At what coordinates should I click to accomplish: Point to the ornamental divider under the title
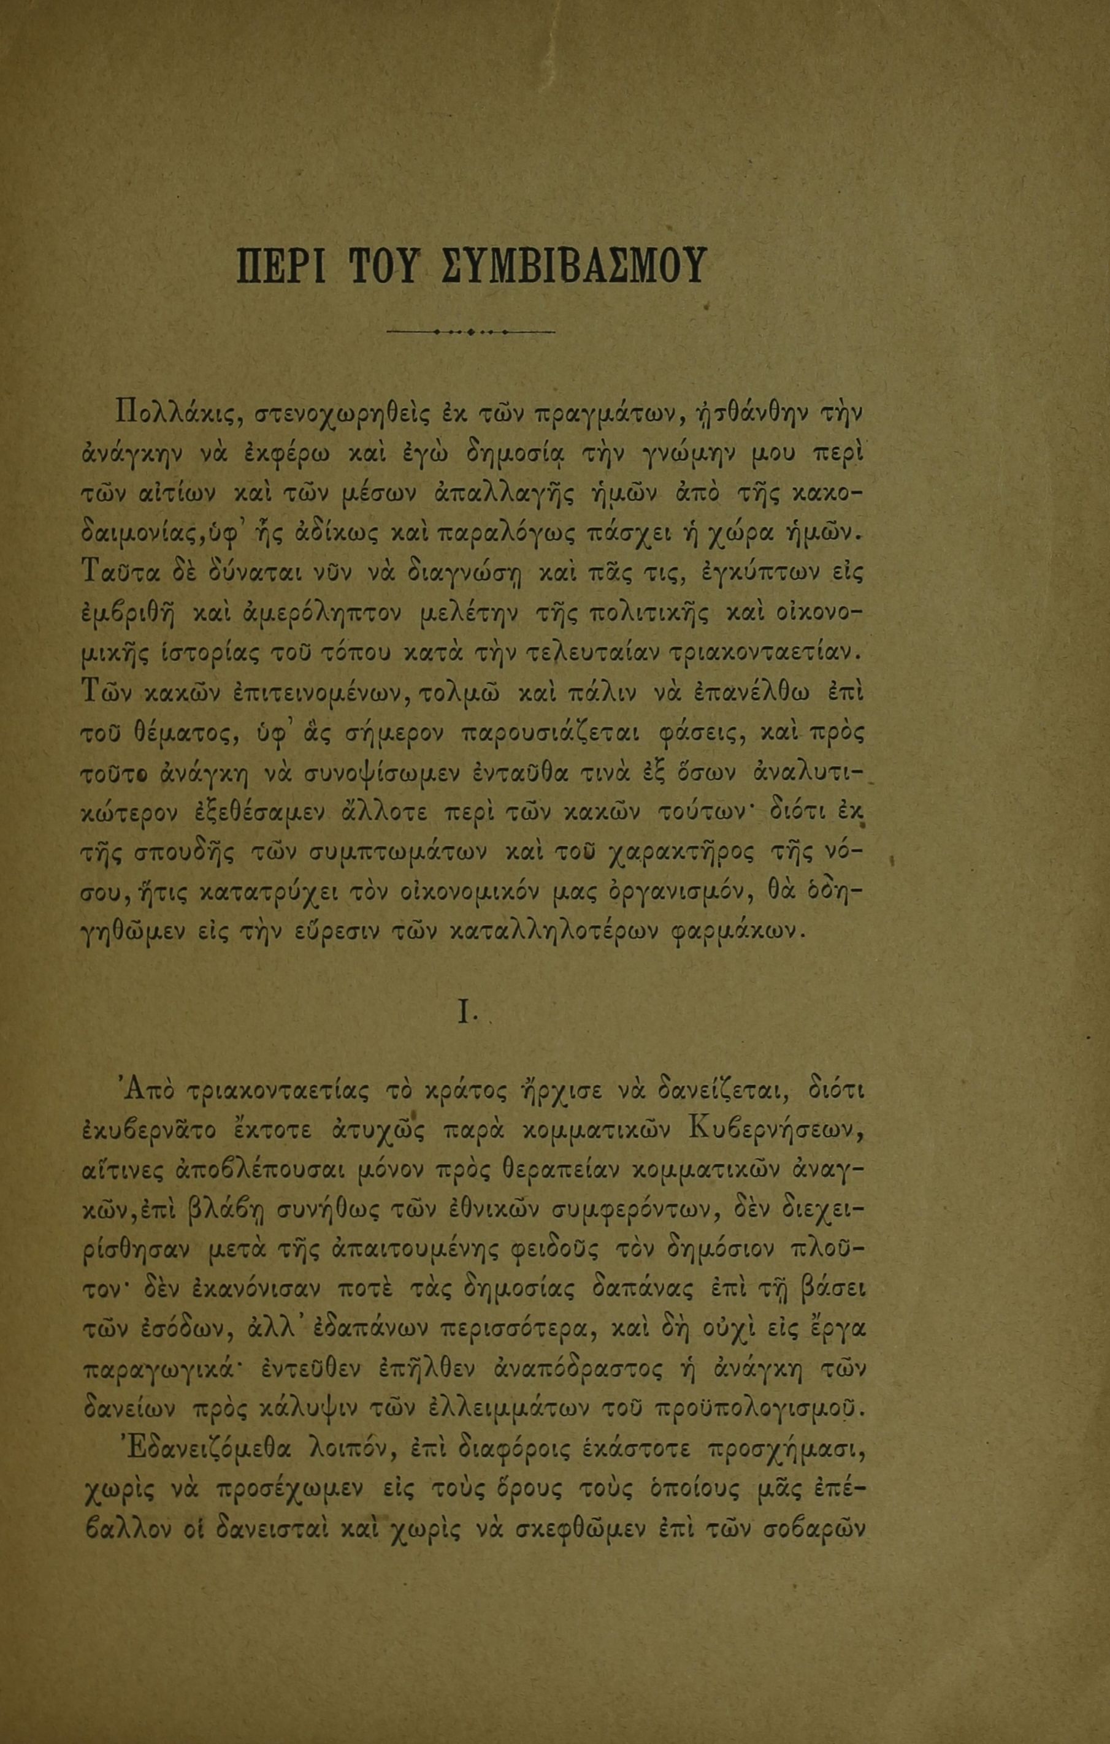[471, 332]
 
